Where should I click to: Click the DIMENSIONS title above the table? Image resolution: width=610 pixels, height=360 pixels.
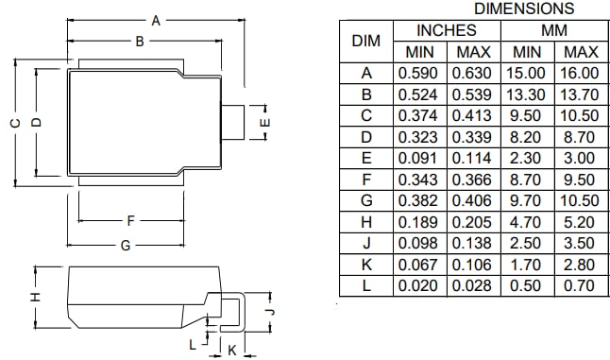pyautogui.click(x=523, y=9)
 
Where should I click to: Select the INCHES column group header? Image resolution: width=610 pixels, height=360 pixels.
pyautogui.click(x=446, y=30)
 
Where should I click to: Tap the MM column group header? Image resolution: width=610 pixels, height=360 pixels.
pyautogui.click(x=553, y=30)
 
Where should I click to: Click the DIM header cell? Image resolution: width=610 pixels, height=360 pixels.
pyautogui.click(x=365, y=41)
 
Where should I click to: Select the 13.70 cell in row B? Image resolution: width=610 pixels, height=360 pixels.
pyautogui.click(x=579, y=94)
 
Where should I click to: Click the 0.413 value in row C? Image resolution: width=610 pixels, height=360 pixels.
pyautogui.click(x=472, y=115)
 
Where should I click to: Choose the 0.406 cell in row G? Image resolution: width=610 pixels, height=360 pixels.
pyautogui.click(x=472, y=200)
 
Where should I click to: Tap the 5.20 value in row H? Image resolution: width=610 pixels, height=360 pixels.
pyautogui.click(x=579, y=221)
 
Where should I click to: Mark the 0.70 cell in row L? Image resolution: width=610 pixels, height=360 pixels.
pyautogui.click(x=579, y=285)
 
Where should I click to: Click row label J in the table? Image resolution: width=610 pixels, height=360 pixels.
pyautogui.click(x=365, y=243)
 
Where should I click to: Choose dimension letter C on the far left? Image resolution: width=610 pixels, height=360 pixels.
pyautogui.click(x=14, y=123)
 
